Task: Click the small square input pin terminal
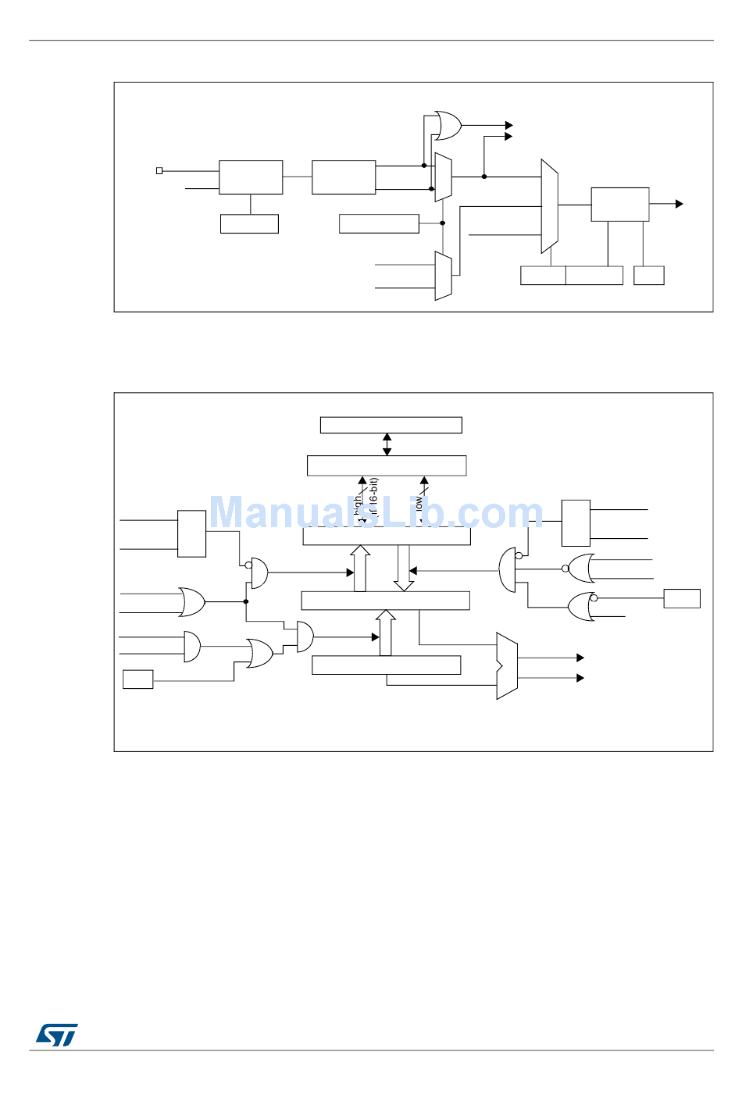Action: click(159, 170)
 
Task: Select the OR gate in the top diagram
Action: click(448, 125)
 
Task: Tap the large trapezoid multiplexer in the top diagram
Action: click(549, 206)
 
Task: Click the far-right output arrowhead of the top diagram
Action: click(680, 204)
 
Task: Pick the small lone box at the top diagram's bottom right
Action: click(648, 276)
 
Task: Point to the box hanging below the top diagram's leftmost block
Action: click(249, 223)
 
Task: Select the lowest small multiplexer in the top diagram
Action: click(443, 276)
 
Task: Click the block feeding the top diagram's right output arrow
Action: click(619, 205)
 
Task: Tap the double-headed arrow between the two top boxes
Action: click(387, 444)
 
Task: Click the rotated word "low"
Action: click(419, 504)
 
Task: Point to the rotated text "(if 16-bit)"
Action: click(373, 498)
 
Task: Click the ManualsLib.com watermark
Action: click(376, 513)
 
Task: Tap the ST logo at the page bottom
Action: click(56, 1035)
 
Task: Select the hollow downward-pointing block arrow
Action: click(403, 568)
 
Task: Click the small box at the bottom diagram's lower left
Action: click(137, 679)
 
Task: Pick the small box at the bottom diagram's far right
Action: click(682, 598)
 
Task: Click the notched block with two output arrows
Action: click(506, 666)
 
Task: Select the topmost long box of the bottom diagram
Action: click(391, 425)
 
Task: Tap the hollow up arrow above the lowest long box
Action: click(386, 633)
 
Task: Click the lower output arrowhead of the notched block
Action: click(580, 678)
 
